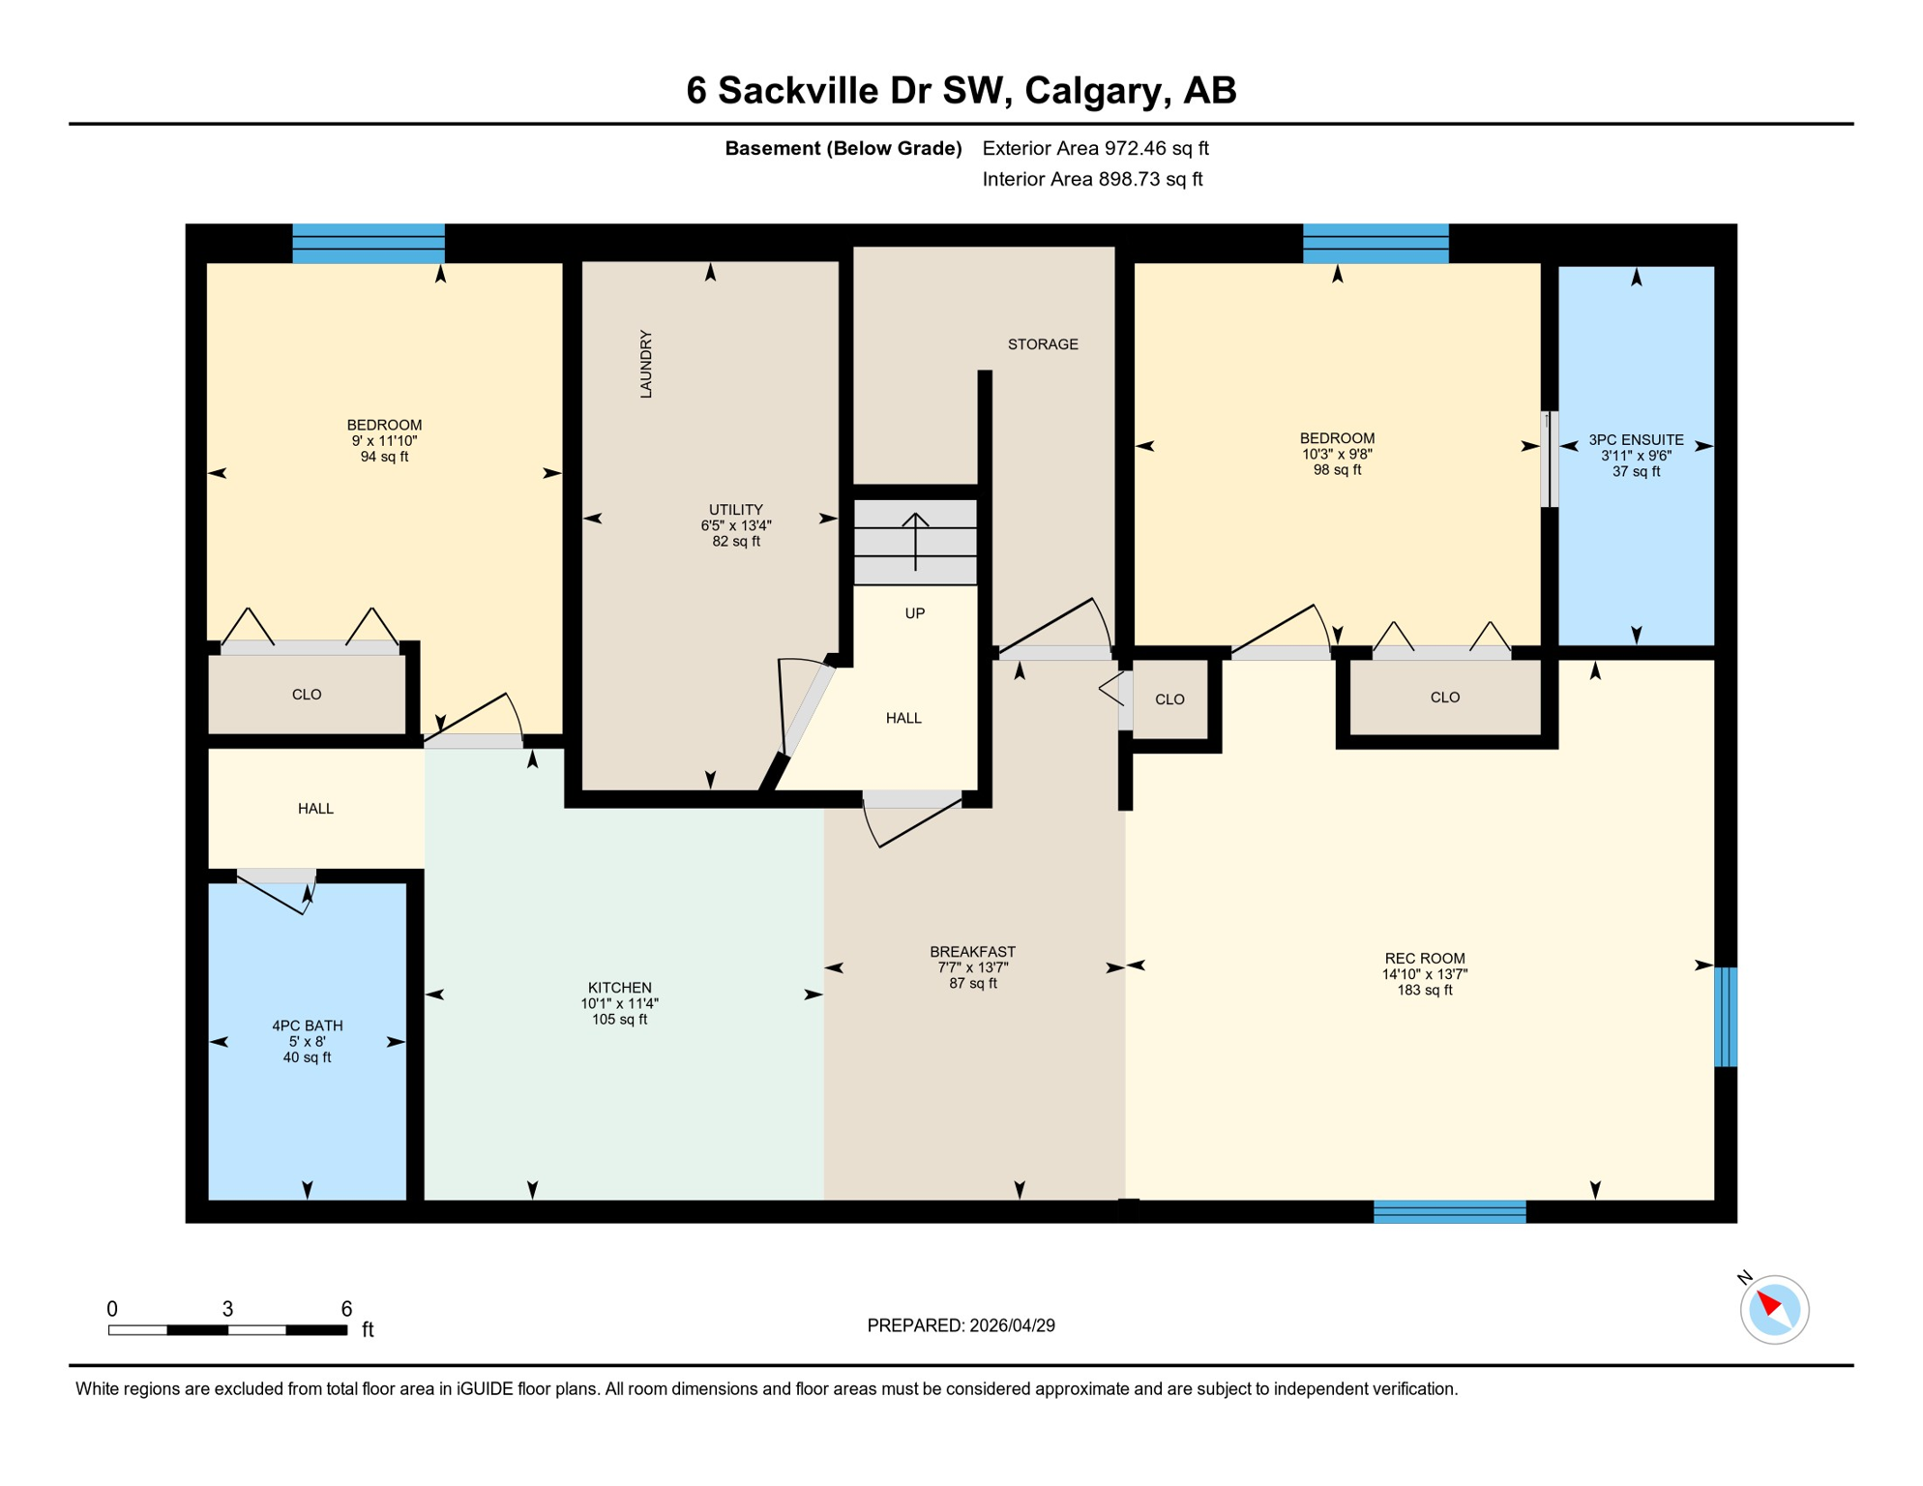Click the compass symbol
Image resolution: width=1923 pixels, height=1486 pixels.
point(1774,1310)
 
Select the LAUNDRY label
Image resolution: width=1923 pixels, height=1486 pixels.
point(646,364)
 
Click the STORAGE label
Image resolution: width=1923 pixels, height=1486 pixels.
point(1042,344)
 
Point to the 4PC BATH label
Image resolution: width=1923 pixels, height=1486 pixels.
point(307,1025)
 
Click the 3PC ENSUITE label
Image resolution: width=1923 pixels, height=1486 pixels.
point(1636,439)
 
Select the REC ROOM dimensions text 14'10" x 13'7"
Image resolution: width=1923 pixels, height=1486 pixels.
point(1424,974)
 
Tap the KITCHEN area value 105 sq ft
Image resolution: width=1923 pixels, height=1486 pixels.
point(619,1020)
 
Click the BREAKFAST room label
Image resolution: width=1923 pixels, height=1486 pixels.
point(972,952)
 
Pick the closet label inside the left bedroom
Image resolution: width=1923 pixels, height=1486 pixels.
point(307,695)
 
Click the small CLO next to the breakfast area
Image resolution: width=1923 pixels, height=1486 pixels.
point(1169,699)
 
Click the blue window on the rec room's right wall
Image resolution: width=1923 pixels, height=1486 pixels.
point(1725,1017)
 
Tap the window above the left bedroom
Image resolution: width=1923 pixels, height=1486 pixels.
point(369,244)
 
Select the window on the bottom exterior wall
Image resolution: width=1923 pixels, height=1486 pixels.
point(1449,1211)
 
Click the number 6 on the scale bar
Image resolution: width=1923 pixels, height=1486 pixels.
point(346,1309)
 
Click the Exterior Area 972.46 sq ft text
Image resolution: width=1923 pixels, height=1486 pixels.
point(1095,148)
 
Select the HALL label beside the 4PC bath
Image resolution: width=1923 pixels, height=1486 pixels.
point(315,809)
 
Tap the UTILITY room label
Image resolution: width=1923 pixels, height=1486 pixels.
point(735,510)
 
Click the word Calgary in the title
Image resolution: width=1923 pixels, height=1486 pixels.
point(1093,90)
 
